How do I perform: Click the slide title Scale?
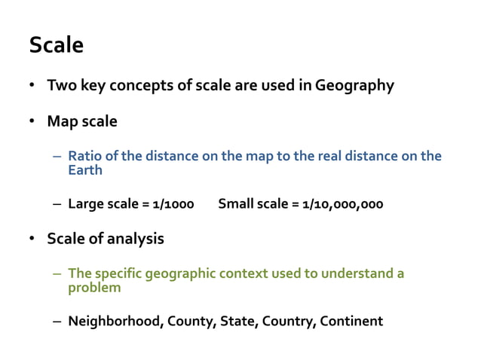[57, 46]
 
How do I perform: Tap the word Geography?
[354, 85]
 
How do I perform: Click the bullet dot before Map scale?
[32, 121]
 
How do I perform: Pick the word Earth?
[85, 169]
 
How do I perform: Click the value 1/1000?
[173, 203]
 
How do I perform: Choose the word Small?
[236, 203]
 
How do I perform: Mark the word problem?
[94, 287]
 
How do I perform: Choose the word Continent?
[351, 322]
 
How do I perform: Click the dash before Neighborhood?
[57, 322]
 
